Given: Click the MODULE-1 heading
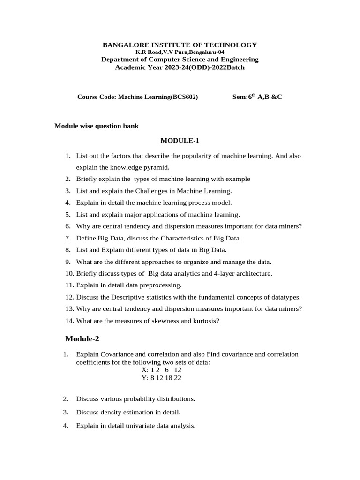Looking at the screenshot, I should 180,140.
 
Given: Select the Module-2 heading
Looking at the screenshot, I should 82,339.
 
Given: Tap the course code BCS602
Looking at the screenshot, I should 185,97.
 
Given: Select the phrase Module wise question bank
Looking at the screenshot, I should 97,126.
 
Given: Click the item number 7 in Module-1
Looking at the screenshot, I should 67,238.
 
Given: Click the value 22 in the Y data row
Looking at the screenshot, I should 177,378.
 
